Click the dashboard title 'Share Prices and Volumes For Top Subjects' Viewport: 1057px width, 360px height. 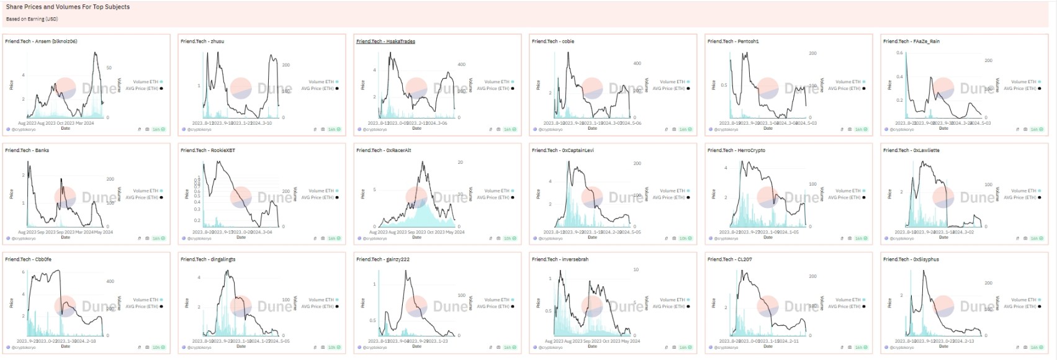point(68,7)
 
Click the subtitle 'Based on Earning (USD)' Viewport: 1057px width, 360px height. point(32,19)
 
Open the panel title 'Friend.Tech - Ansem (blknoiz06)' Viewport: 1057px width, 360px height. point(41,42)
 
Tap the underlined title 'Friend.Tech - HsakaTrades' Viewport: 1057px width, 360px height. point(385,42)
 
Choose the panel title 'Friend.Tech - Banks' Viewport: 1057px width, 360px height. point(27,150)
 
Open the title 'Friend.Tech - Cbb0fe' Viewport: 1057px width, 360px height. point(28,259)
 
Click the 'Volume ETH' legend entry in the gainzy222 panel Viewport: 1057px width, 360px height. point(497,300)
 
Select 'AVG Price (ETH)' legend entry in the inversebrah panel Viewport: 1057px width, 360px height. point(670,307)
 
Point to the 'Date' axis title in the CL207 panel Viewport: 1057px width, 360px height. point(768,346)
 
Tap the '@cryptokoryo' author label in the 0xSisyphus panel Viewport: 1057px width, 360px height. point(903,348)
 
